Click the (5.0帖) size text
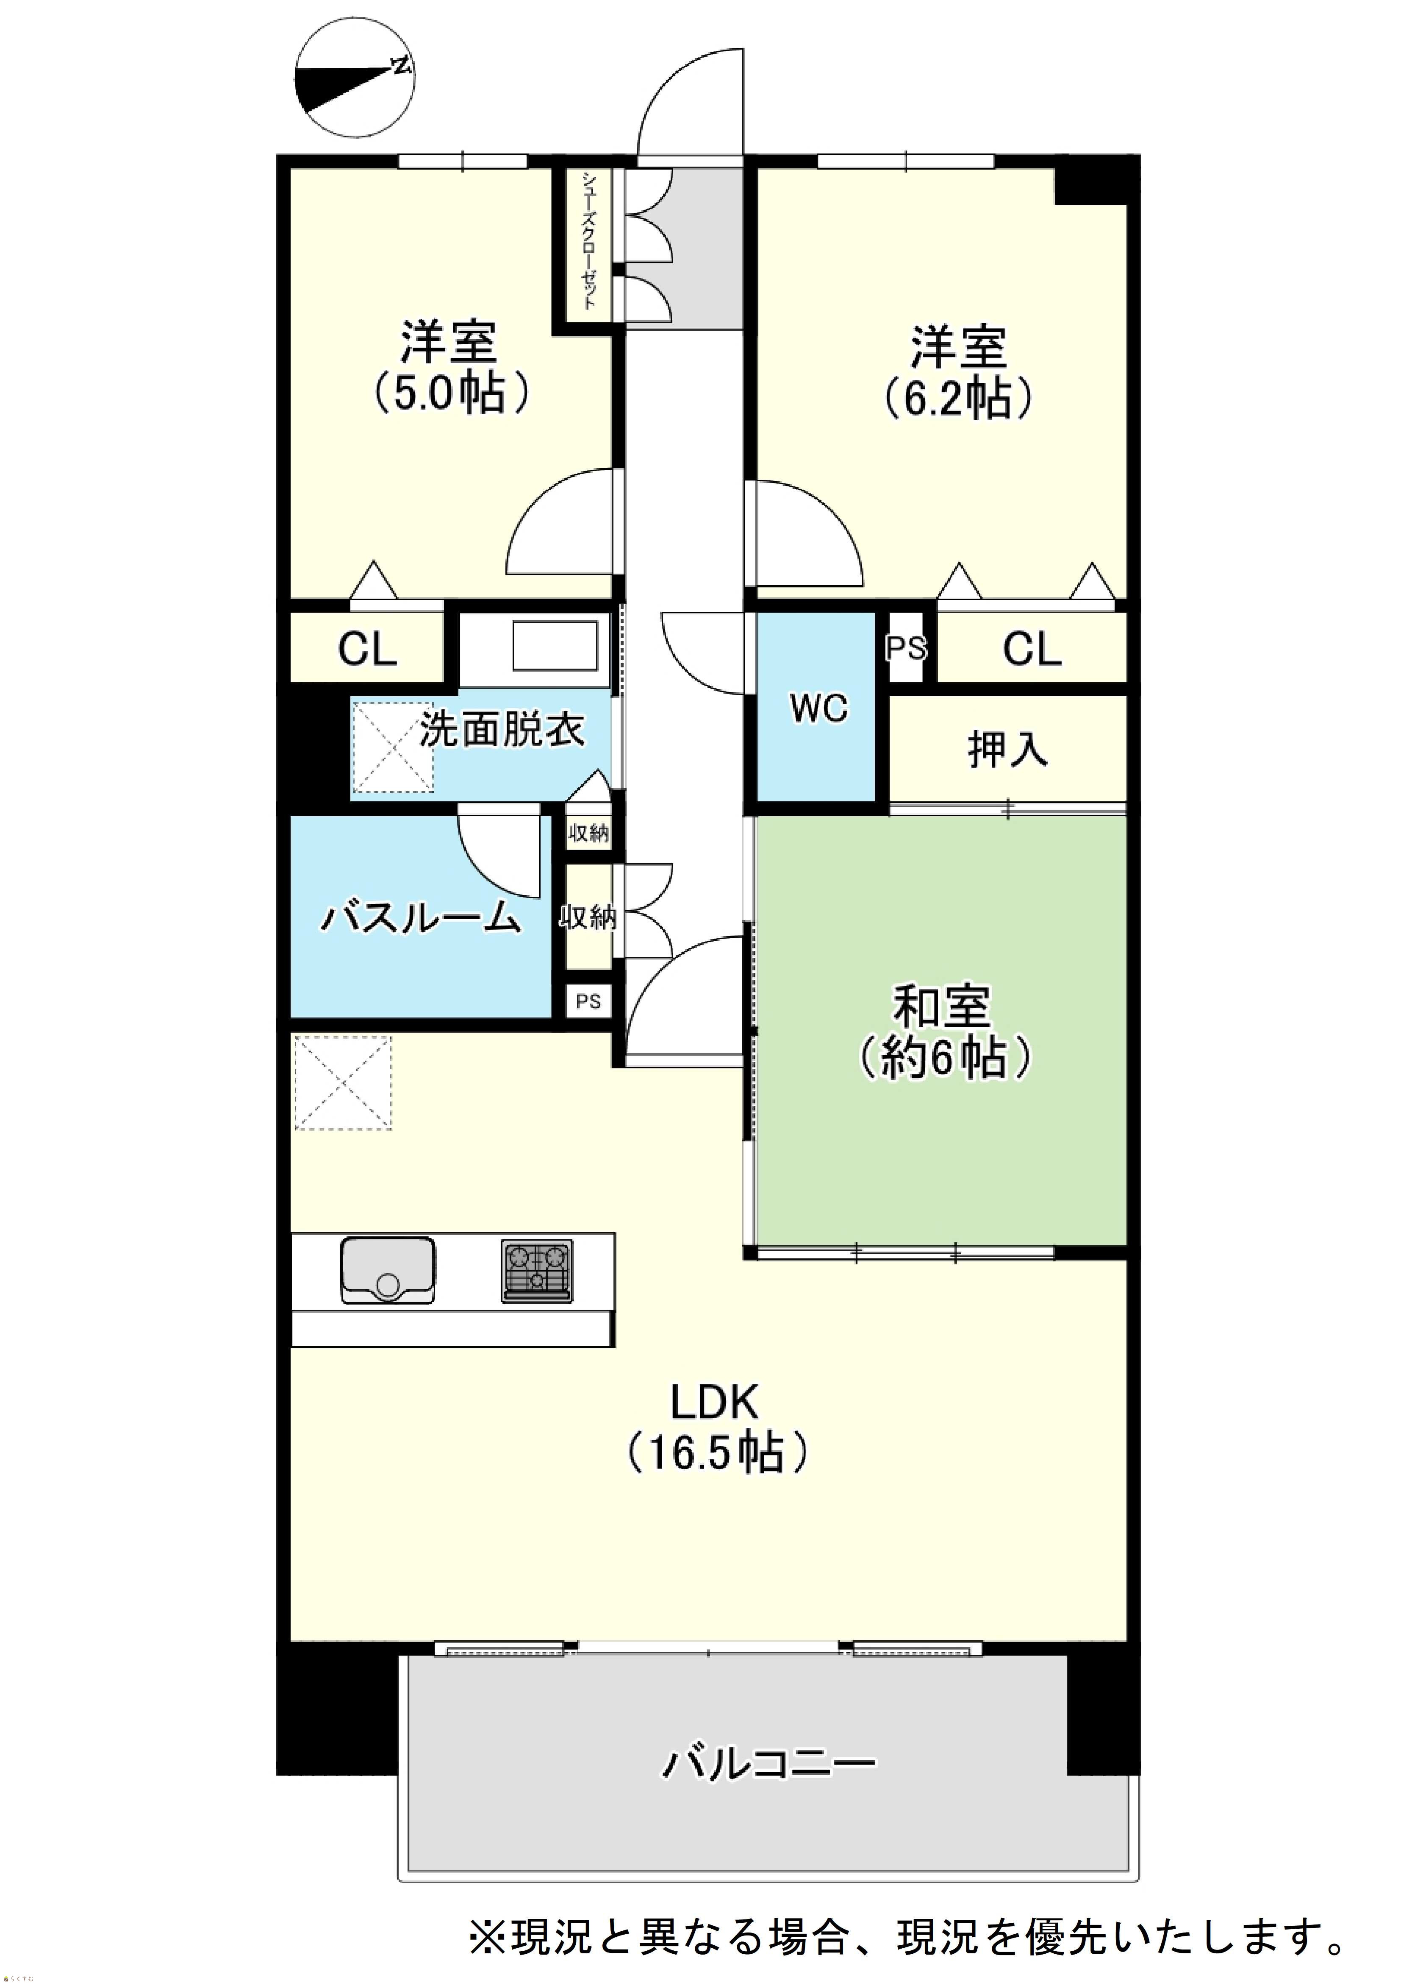[x=450, y=393]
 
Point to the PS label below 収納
[x=589, y=1002]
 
